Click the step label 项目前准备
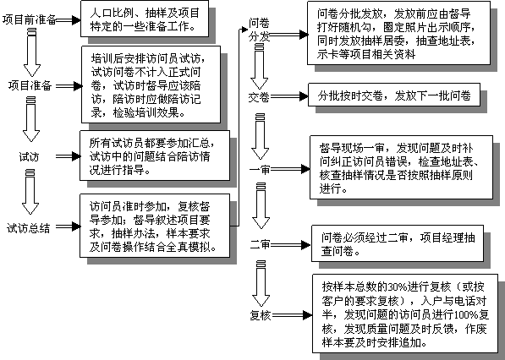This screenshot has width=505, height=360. click(x=30, y=20)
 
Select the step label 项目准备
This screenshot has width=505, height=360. click(x=30, y=86)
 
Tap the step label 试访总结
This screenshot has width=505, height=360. click(x=29, y=228)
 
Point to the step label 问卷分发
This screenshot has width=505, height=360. click(x=259, y=30)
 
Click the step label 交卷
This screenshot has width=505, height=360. click(x=259, y=97)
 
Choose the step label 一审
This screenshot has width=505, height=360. click(x=260, y=169)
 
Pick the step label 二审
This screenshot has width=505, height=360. click(x=261, y=245)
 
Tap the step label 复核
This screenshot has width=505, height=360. click(x=261, y=315)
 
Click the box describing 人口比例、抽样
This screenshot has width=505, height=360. click(x=145, y=19)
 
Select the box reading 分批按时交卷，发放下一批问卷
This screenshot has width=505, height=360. click(x=394, y=95)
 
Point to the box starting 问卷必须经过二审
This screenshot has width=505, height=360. click(x=398, y=243)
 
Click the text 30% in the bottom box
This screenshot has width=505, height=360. click(x=397, y=286)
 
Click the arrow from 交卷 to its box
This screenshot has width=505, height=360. click(x=289, y=96)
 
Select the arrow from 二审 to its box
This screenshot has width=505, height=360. click(x=291, y=245)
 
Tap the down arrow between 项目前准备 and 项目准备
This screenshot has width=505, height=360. click(x=32, y=52)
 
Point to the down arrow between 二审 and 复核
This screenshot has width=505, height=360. click(x=261, y=284)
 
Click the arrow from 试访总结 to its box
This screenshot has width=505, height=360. click(x=68, y=226)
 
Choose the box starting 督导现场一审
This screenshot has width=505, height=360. click(x=401, y=167)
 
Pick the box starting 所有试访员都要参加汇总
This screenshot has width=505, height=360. click(x=155, y=155)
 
